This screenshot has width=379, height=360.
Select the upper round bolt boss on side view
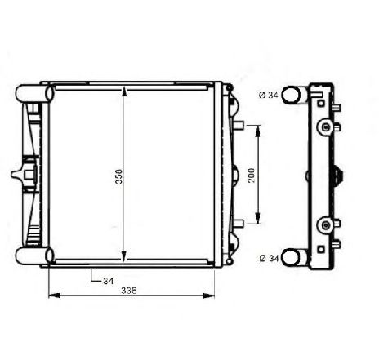[327, 127]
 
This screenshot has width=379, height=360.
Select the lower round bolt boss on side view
[327, 224]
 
